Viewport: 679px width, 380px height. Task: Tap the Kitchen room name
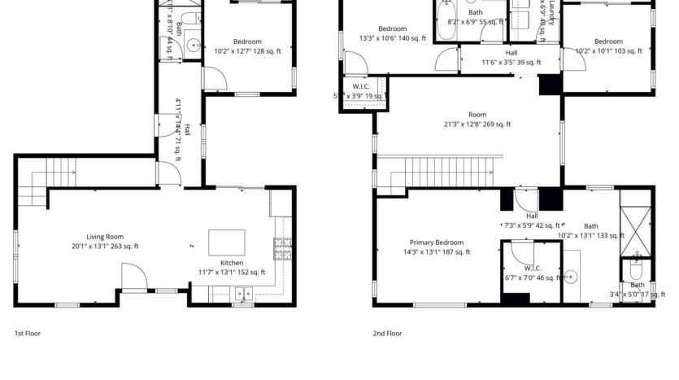(x=232, y=263)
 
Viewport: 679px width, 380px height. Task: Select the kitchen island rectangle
(x=227, y=242)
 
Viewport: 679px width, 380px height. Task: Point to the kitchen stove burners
(x=283, y=248)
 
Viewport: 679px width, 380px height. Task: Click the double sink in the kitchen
(x=242, y=295)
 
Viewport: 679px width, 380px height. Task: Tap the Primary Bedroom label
(x=436, y=242)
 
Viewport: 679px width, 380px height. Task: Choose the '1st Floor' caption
(x=28, y=333)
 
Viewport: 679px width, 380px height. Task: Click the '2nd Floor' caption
(x=388, y=333)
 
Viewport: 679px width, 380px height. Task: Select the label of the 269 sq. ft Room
(x=477, y=115)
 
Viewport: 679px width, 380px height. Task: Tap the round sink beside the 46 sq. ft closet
(x=571, y=277)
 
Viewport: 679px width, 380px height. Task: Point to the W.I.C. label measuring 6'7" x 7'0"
(x=533, y=268)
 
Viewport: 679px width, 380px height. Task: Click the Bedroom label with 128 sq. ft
(x=247, y=42)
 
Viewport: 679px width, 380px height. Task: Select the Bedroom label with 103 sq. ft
(x=607, y=41)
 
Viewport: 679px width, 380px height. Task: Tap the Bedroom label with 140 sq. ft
(x=386, y=28)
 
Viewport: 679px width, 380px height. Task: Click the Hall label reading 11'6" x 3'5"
(x=511, y=52)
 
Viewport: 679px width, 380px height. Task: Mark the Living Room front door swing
(x=134, y=278)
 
